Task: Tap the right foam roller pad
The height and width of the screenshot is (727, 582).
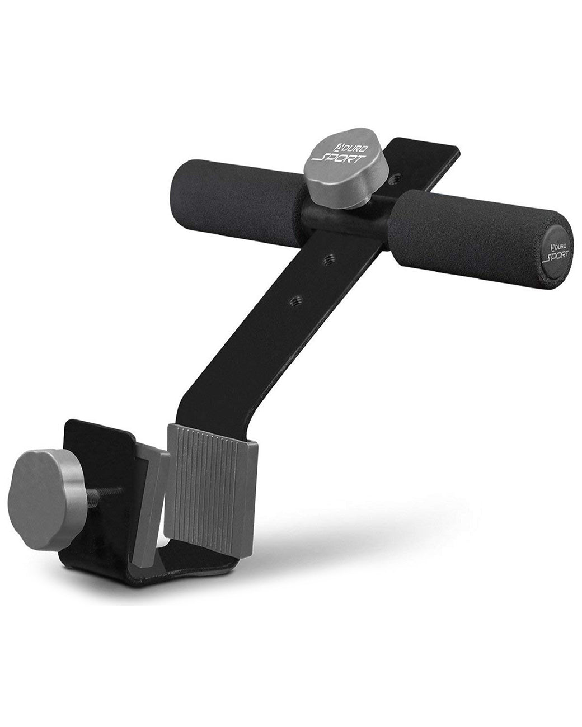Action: (464, 229)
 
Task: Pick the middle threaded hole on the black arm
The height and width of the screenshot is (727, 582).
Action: (329, 258)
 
